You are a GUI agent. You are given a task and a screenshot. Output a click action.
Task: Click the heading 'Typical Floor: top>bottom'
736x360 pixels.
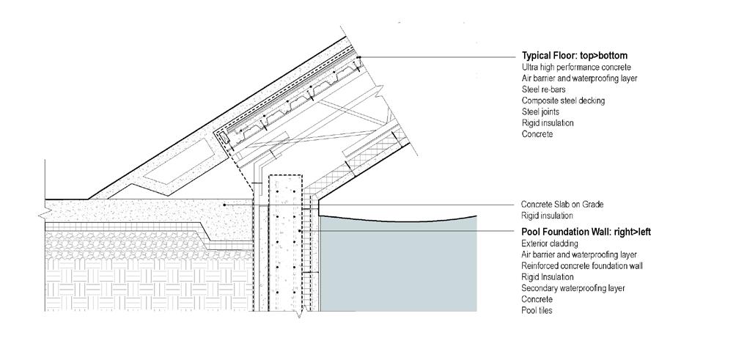pos(574,56)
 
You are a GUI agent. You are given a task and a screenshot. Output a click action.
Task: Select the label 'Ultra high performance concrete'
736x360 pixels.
pos(576,67)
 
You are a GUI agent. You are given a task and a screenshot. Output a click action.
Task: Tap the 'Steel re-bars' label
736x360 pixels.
pos(544,89)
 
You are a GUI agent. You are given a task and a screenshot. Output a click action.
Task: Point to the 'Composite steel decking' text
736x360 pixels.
pos(563,100)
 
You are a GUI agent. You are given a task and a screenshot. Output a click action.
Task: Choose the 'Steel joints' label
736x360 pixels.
pos(541,111)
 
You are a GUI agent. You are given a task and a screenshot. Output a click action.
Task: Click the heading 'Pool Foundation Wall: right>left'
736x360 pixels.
pos(586,232)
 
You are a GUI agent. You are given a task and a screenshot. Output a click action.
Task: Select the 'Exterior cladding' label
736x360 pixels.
pos(550,243)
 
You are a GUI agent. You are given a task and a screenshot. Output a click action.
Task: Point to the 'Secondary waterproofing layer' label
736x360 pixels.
pos(573,288)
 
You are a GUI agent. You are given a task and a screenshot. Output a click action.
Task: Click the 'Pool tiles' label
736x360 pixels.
pos(537,311)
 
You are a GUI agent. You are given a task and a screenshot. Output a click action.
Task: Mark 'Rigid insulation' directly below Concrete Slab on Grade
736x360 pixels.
pos(547,216)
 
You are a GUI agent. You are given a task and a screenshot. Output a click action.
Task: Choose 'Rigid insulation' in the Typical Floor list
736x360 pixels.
pos(548,123)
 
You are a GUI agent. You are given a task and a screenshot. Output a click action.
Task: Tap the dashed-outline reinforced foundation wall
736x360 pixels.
pos(284,242)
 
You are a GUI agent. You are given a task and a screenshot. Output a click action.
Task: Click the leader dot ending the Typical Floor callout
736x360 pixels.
pos(360,57)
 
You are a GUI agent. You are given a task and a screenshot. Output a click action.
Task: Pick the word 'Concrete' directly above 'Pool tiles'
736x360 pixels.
pos(537,300)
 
